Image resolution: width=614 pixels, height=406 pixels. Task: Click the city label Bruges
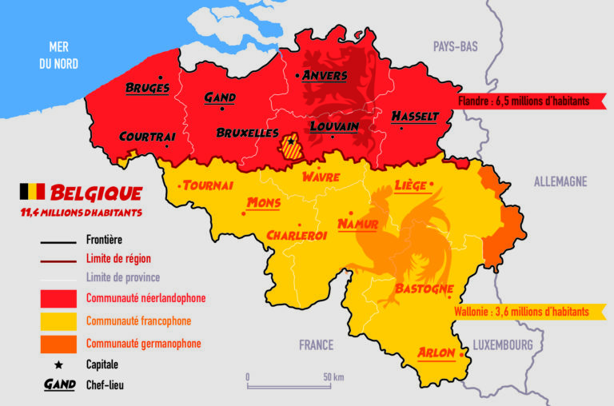pyautogui.click(x=147, y=87)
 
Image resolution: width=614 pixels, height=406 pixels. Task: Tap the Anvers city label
pyautogui.click(x=325, y=75)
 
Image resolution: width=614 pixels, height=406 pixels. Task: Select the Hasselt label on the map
pyautogui.click(x=414, y=117)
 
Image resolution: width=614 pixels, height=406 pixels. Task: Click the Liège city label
pyautogui.click(x=410, y=186)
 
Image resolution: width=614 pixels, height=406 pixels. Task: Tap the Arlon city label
pyautogui.click(x=437, y=353)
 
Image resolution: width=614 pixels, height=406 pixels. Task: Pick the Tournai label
pyautogui.click(x=208, y=185)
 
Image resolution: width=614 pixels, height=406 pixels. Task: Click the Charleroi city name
pyautogui.click(x=297, y=236)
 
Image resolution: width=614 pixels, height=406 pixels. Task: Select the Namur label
pyautogui.click(x=357, y=224)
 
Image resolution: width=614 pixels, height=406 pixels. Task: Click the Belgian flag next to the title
pyautogui.click(x=32, y=192)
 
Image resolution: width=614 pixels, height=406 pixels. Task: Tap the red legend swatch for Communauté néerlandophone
pyautogui.click(x=59, y=298)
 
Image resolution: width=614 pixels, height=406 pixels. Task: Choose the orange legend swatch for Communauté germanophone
pyautogui.click(x=59, y=344)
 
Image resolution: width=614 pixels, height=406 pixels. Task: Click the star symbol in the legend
pyautogui.click(x=59, y=364)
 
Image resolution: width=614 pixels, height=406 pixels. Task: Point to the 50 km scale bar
pyautogui.click(x=289, y=384)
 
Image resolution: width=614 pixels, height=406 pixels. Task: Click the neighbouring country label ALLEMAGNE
pyautogui.click(x=560, y=182)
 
